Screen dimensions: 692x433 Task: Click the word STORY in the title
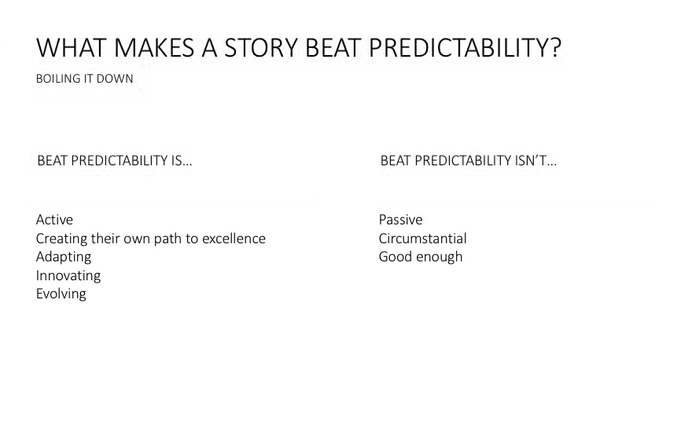coord(261,48)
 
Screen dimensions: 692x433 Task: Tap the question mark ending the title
coord(556,48)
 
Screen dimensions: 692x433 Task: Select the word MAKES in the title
coord(153,48)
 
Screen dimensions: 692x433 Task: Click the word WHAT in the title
coord(71,48)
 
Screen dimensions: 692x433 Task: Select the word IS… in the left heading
coord(182,161)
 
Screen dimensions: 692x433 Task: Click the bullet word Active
coord(55,220)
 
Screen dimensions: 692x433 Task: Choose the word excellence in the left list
coord(234,239)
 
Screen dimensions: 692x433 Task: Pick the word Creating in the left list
coord(62,239)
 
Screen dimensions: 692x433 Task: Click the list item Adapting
coord(64,257)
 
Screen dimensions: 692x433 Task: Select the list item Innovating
coord(68,276)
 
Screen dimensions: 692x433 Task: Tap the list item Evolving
coord(61,294)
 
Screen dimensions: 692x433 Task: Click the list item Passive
coord(401,220)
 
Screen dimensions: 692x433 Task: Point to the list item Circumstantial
coord(423,239)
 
